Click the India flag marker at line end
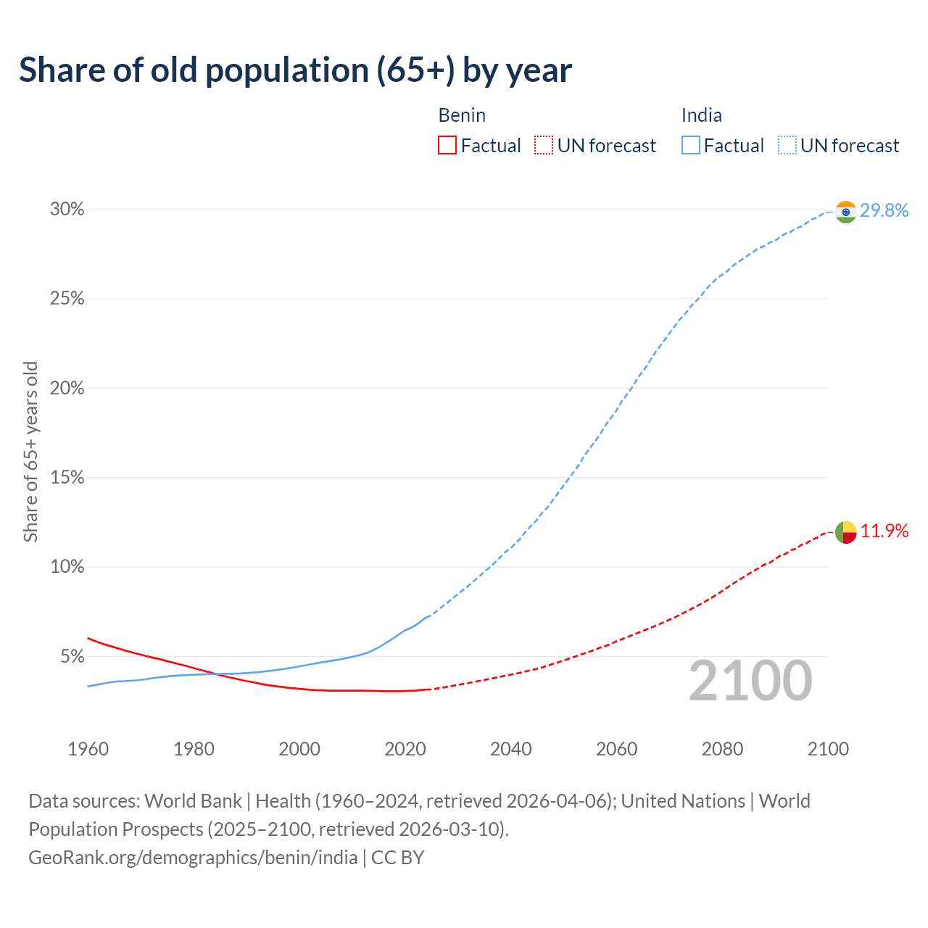845,212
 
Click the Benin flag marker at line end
845,532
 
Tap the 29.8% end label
884,211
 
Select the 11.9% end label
884,531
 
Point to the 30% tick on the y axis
67,210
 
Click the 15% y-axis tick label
67,478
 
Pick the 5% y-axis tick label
72,657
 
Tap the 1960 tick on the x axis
88,749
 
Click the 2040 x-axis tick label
511,749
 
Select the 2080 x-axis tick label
722,749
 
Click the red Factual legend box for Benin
447,146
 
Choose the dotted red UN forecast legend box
544,146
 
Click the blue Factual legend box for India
690,146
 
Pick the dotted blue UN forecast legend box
787,146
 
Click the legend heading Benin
462,115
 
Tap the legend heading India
701,115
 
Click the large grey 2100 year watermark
750,681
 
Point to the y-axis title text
30,452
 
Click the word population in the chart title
286,70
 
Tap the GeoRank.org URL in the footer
193,858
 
